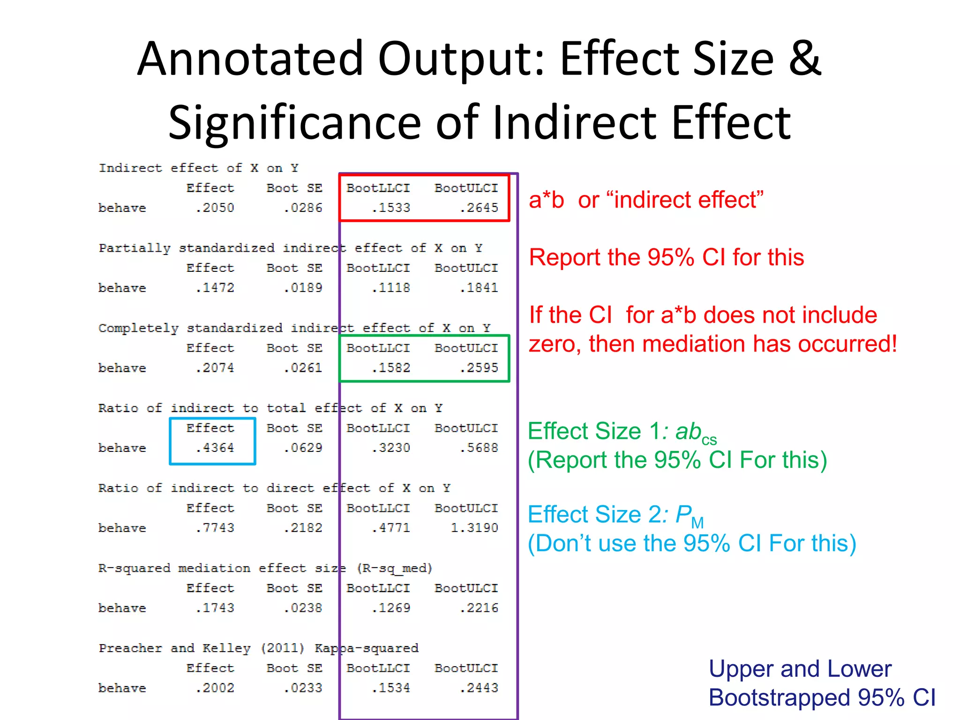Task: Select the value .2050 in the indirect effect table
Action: point(215,208)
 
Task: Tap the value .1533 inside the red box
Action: point(391,208)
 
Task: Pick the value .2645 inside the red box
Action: point(479,208)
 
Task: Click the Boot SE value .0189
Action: point(303,288)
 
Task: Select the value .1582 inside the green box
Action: point(391,368)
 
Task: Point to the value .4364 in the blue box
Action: point(215,448)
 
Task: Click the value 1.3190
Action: point(474,528)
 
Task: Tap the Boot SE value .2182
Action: point(303,528)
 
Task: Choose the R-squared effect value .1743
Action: point(215,608)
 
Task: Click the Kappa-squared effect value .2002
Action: point(215,688)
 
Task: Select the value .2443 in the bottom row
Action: point(479,688)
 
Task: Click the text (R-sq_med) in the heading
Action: point(394,569)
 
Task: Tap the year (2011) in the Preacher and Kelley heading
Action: point(283,648)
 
